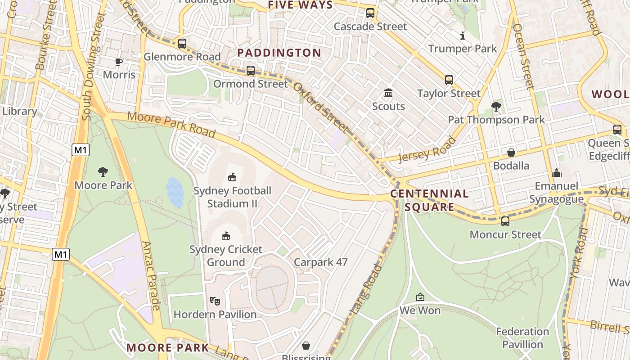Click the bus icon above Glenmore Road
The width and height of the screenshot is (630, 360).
(182, 44)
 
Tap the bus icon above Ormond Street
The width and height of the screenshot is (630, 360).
(251, 71)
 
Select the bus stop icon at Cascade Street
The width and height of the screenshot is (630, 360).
(370, 13)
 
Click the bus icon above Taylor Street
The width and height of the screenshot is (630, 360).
(449, 80)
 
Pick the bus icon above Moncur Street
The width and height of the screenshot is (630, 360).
(505, 221)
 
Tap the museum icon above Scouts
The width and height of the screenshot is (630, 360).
(388, 93)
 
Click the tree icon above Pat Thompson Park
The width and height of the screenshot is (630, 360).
(496, 107)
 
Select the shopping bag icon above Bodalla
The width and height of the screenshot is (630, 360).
(511, 153)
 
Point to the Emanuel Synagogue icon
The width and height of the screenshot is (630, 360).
(557, 173)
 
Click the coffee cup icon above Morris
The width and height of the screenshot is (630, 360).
(119, 62)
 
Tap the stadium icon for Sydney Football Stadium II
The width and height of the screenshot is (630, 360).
(232, 177)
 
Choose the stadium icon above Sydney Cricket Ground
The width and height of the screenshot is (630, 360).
(226, 236)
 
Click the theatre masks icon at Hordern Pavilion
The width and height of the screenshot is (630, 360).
(215, 301)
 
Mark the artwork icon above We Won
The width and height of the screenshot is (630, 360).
(420, 297)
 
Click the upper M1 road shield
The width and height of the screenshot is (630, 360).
(80, 150)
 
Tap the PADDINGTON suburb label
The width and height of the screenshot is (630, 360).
(279, 53)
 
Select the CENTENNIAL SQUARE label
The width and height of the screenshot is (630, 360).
(429, 200)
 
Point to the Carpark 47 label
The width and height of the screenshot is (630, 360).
(320, 262)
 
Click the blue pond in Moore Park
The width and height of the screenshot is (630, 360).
(175, 193)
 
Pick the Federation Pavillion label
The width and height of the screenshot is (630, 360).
(522, 338)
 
